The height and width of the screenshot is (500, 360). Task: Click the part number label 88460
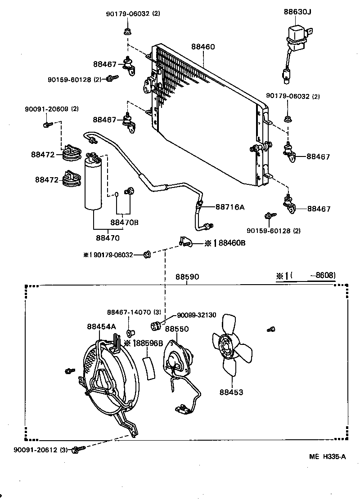click(x=203, y=47)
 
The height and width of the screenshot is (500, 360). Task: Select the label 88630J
click(x=297, y=12)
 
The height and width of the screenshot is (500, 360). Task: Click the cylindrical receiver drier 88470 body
click(x=94, y=184)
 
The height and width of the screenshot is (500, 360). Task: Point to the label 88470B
click(x=124, y=222)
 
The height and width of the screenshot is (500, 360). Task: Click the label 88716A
click(x=229, y=207)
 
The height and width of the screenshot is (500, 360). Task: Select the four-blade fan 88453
click(x=231, y=345)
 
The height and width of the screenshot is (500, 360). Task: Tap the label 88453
click(x=231, y=392)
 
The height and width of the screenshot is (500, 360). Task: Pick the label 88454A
click(x=101, y=326)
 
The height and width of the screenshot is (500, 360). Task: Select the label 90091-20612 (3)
click(x=40, y=450)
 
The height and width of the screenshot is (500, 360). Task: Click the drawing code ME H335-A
click(x=327, y=457)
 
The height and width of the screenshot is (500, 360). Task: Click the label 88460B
click(x=232, y=243)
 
